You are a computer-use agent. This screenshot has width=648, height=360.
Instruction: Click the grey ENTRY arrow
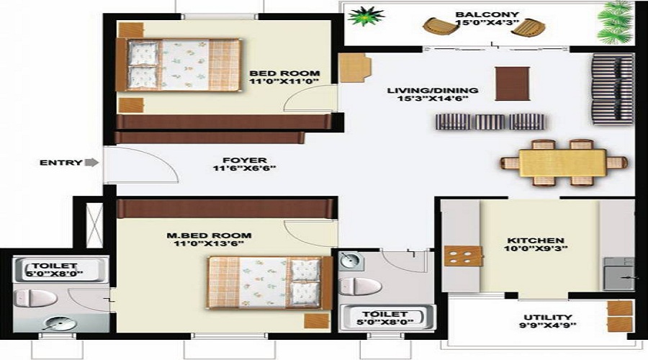click(91, 163)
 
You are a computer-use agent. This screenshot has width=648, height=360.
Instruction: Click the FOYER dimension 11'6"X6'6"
click(245, 169)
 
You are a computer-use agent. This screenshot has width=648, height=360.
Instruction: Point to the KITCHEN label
click(536, 240)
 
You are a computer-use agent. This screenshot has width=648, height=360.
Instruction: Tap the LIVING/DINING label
click(433, 91)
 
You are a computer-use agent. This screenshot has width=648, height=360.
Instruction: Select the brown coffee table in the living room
click(512, 83)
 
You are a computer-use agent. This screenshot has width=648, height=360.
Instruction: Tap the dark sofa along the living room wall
click(612, 88)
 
